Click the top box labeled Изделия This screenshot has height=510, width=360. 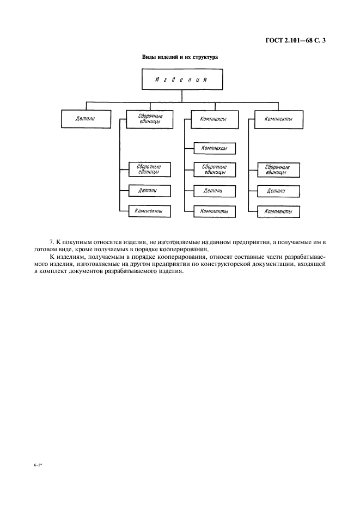coord(182,80)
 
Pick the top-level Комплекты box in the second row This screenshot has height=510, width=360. coord(277,119)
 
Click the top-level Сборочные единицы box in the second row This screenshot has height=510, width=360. coord(148,119)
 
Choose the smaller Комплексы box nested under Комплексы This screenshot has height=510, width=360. coord(215,148)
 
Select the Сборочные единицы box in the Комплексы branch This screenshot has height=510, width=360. coord(215,169)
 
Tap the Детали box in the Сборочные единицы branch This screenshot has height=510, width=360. coord(149,190)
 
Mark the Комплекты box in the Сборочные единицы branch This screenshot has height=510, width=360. coord(149,210)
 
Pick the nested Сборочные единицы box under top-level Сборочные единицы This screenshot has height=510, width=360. coord(149,169)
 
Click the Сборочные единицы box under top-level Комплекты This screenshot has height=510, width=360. coord(278,169)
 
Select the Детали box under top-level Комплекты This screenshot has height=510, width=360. coord(278,191)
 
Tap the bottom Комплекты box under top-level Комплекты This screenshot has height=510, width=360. coord(278,211)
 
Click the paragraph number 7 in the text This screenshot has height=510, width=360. coord(51,241)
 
